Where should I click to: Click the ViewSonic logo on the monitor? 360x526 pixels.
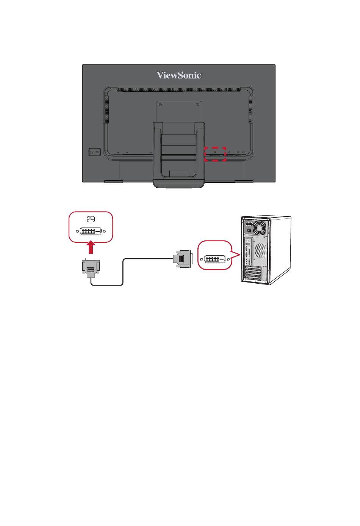coord(178,75)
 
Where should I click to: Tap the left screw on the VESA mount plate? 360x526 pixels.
coord(160,105)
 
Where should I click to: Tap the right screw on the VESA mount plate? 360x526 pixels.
coord(197,105)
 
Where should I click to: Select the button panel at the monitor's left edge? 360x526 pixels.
coord(95,152)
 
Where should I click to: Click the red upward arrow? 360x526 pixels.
coord(91,248)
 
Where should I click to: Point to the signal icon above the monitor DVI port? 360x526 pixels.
coord(91,219)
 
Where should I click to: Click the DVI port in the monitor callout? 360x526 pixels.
coord(91,231)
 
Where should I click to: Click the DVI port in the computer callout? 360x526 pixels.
coord(215,259)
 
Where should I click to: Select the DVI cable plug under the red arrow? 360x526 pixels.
coord(91,268)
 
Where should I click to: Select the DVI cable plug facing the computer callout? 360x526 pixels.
coord(183,259)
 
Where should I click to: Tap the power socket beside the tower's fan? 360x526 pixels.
coord(249,224)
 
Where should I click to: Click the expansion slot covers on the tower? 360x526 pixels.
coord(253,273)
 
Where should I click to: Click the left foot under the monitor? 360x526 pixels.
coord(114,182)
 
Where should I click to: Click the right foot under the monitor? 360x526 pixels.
coord(244,182)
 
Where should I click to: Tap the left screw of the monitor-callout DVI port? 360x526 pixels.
coord(77,231)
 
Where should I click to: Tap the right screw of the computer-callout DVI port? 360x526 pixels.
coord(228,259)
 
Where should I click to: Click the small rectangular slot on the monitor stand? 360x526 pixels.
coord(178,174)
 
